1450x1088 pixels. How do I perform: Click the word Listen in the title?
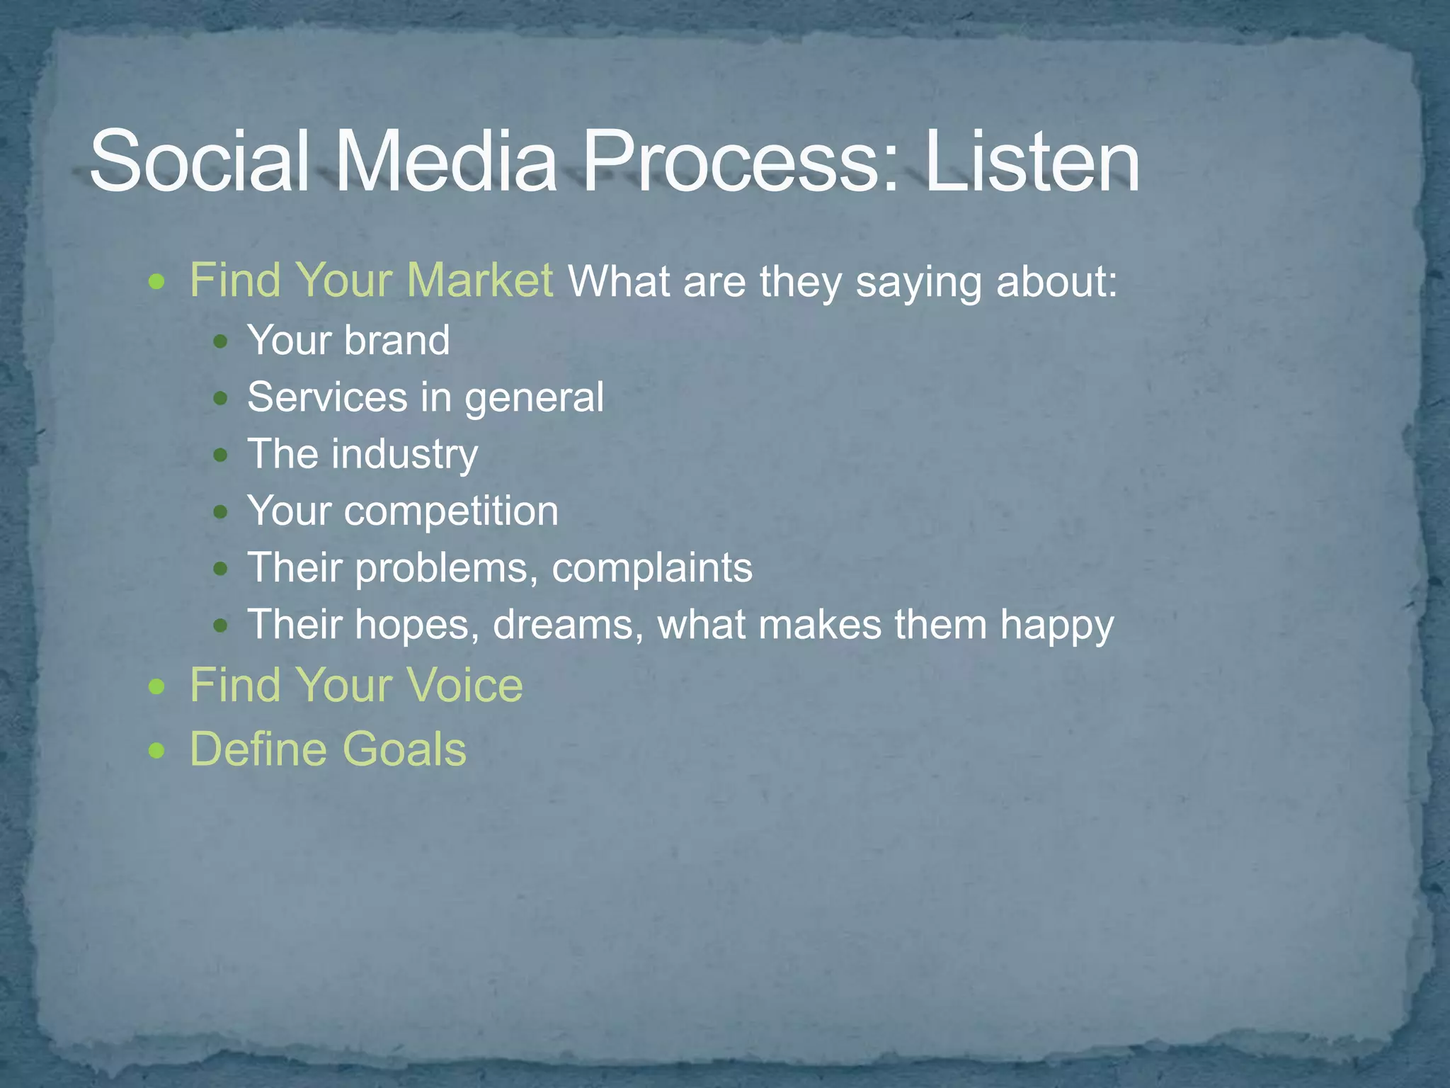(1032, 161)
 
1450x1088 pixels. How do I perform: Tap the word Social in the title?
(199, 161)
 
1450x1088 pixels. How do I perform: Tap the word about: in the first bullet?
(1056, 282)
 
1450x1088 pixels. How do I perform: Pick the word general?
(534, 398)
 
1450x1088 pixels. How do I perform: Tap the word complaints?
(651, 569)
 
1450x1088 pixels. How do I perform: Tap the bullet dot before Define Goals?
(157, 751)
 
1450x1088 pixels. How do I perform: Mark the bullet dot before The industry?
(221, 455)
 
